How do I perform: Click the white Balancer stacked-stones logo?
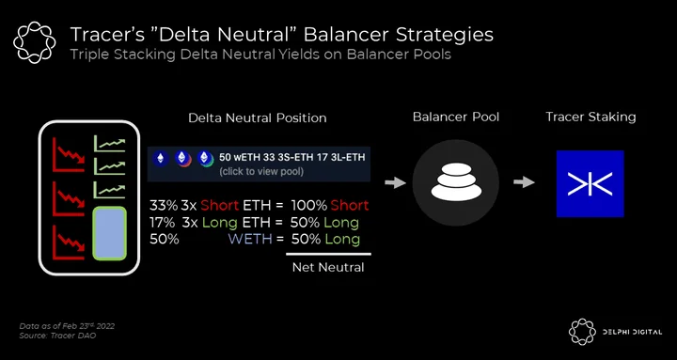(x=456, y=181)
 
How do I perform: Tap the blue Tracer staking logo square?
(x=590, y=183)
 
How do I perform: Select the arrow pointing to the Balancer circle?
(x=395, y=183)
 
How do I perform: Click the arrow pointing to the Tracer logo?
(x=524, y=182)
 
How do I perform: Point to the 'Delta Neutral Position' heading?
(x=258, y=118)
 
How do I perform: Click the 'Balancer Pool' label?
(x=456, y=117)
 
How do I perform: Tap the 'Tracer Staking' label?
(x=590, y=117)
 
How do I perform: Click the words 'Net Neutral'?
(x=328, y=268)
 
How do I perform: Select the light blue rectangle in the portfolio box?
(x=110, y=233)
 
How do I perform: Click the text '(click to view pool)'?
(x=261, y=171)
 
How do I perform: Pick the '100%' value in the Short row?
(x=309, y=206)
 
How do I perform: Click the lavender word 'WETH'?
(x=250, y=239)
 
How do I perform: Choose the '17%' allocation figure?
(x=163, y=223)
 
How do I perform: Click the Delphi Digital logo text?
(x=632, y=332)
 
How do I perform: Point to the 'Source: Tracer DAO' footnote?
(x=57, y=336)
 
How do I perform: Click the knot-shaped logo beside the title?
(x=35, y=42)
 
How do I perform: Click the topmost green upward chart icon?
(x=110, y=143)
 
